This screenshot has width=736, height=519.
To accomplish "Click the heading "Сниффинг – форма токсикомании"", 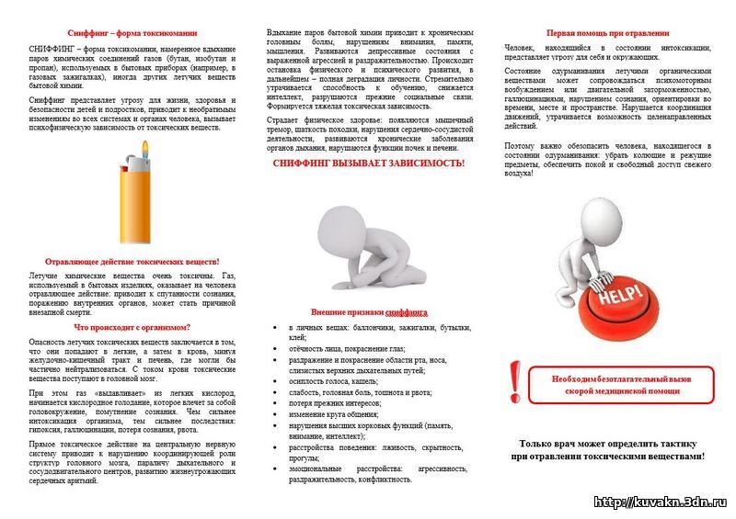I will click(132, 32).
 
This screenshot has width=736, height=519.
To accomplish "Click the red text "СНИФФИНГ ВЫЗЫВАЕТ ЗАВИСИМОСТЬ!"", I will click(368, 163).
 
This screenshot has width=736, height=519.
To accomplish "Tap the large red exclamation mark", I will click(515, 379).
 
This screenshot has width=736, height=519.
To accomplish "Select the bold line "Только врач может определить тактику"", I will click(608, 443).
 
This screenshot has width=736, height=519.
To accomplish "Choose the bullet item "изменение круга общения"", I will click(332, 415).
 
